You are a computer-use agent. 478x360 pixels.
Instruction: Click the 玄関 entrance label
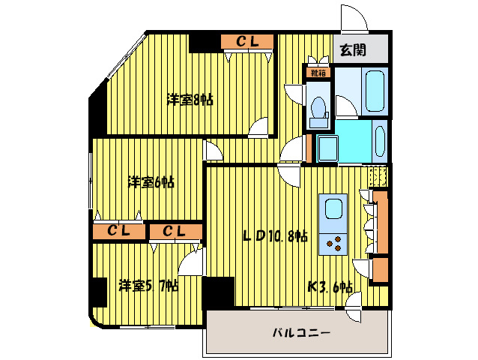point(353,51)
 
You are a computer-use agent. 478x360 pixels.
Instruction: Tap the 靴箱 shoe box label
point(318,73)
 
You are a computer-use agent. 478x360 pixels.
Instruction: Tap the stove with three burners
point(332,242)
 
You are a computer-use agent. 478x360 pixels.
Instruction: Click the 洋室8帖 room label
point(190,99)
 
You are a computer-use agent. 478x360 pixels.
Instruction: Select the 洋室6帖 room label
point(151,181)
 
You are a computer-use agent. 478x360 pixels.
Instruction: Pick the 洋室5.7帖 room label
point(148,285)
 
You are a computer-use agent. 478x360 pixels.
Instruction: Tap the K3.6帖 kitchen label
point(330,286)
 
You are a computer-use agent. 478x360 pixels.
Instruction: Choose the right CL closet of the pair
point(175,232)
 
